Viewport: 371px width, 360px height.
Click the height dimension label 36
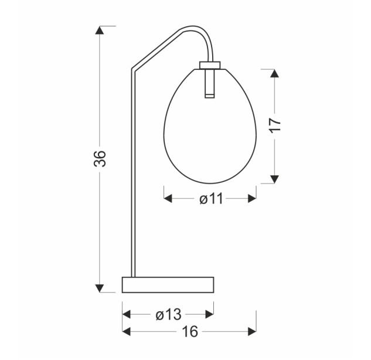point(100,158)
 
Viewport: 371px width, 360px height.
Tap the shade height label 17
point(275,125)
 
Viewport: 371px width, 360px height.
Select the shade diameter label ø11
point(211,198)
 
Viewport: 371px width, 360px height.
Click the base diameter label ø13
point(168,315)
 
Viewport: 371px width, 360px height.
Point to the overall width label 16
point(190,331)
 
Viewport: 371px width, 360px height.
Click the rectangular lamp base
point(168,285)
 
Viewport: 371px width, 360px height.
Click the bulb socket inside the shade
point(209,83)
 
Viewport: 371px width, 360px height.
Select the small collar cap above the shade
point(210,65)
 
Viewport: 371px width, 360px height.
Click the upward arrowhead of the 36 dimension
point(100,30)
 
